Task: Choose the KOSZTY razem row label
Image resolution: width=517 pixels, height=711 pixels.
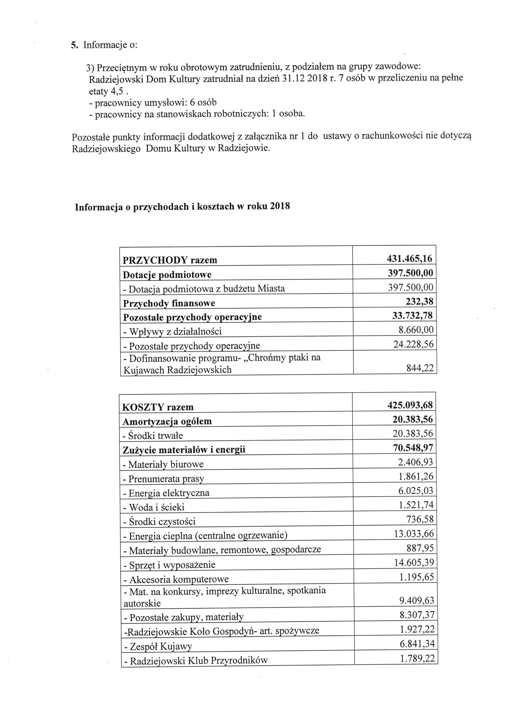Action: click(x=158, y=407)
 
